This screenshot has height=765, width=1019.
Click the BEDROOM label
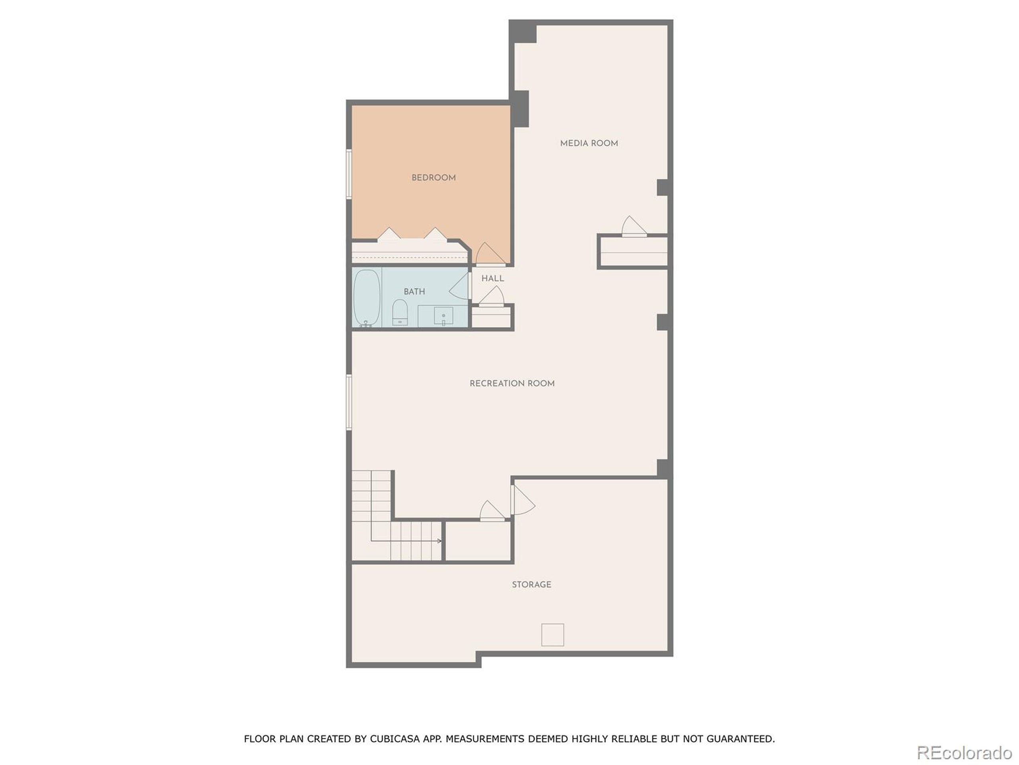tap(433, 178)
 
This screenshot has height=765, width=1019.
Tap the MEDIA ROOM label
tap(589, 143)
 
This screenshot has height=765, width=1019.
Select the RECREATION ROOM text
tap(512, 383)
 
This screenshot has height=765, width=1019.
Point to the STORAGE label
tap(531, 584)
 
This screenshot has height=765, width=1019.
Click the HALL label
tap(492, 279)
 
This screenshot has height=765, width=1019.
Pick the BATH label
tap(414, 291)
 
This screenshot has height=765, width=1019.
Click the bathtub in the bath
tap(367, 297)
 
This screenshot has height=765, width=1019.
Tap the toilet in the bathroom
tap(399, 313)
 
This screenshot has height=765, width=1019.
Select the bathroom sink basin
tap(443, 316)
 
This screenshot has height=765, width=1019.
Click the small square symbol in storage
tap(552, 634)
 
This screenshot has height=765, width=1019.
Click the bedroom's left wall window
tap(349, 174)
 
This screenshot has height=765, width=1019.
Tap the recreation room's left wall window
tap(349, 402)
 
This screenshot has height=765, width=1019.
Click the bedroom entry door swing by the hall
tap(490, 255)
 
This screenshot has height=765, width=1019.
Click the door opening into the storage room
tap(522, 500)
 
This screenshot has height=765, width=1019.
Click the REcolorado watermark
tap(964, 753)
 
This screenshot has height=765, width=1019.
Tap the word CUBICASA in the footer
tap(394, 739)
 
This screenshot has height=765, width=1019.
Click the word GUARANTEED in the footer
tap(740, 739)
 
